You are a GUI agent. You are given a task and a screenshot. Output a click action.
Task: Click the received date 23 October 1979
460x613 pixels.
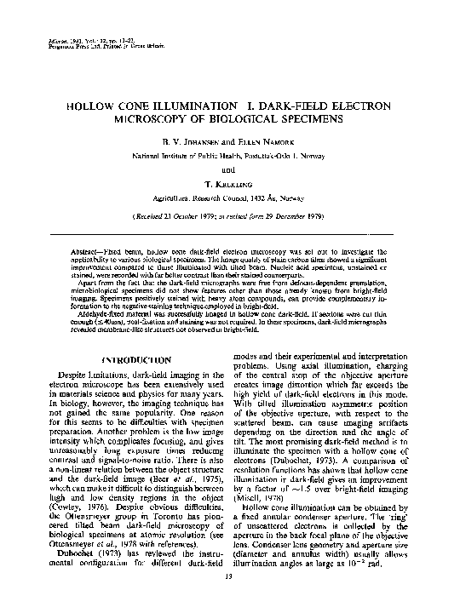point(182,216)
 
